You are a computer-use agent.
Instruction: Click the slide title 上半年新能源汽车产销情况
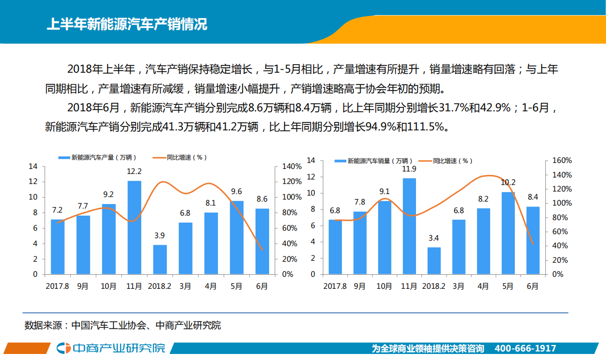(x=126, y=24)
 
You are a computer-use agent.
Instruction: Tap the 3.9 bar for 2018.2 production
(x=160, y=259)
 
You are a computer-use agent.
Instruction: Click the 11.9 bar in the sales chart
(x=410, y=226)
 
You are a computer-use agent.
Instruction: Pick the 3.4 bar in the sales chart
(x=434, y=261)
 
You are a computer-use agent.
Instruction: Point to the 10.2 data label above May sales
(x=508, y=183)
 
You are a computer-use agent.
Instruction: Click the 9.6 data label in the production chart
(x=236, y=192)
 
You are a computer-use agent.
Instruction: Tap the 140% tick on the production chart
(x=292, y=166)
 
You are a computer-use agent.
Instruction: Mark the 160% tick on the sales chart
(x=561, y=160)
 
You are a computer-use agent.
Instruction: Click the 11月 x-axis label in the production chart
(x=134, y=286)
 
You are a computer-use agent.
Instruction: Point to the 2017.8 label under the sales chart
(x=335, y=286)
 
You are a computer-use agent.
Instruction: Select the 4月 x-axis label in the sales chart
(x=483, y=286)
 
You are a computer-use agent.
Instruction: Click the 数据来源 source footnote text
(x=123, y=325)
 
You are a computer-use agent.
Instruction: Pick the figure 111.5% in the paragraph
(x=426, y=127)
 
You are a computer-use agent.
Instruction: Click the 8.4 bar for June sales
(x=533, y=240)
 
